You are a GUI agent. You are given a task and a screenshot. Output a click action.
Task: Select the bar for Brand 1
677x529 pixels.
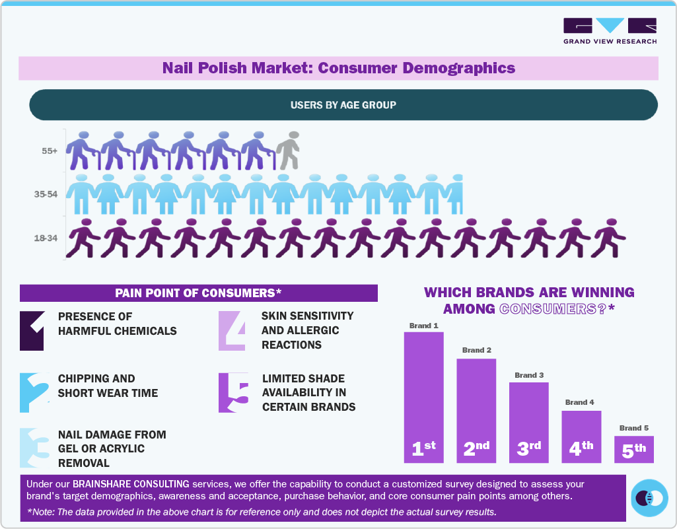pos(423,396)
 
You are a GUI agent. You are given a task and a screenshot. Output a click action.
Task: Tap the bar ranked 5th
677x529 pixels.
pos(633,449)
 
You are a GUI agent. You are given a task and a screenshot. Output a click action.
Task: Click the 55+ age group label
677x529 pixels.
pos(50,151)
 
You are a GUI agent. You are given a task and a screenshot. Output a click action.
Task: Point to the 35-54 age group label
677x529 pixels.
pos(46,195)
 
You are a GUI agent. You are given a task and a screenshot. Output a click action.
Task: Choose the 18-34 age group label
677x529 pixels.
pos(46,238)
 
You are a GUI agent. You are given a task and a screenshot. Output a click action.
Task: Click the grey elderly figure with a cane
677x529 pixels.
pos(288,151)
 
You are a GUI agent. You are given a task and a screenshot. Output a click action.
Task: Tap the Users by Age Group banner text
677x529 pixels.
pos(343,105)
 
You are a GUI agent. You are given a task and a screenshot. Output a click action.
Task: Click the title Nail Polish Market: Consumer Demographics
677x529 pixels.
pos(338,68)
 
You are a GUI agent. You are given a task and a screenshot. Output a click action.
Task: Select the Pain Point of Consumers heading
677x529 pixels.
pos(198,293)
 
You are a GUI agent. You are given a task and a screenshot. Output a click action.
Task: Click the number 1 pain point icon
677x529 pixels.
pos(32,330)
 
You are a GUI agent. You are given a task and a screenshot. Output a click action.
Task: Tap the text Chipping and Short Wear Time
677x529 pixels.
pos(108,386)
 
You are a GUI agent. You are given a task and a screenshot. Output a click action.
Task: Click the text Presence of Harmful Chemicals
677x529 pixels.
pos(117,324)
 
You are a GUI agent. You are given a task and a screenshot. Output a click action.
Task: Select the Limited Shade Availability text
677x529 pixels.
pos(308,392)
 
